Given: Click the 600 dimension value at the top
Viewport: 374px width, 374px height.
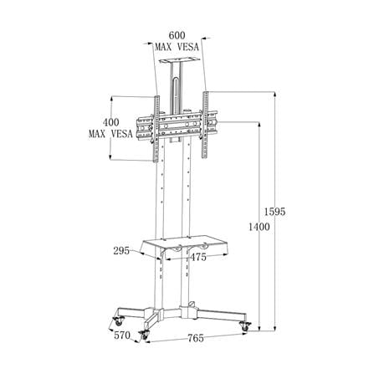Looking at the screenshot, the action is [177, 35].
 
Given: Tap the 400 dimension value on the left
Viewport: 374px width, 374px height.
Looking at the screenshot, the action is [111, 122].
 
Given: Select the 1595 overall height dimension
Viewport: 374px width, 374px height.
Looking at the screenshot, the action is [275, 212].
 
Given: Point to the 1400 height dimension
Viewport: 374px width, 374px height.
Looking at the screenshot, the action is [259, 227].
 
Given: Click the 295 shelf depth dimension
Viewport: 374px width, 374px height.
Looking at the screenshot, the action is [121, 251].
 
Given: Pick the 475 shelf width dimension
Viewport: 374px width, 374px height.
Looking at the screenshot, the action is [198, 257].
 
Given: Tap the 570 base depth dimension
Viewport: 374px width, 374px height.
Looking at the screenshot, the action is [122, 335].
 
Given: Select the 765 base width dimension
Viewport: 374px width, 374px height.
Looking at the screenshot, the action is [196, 338].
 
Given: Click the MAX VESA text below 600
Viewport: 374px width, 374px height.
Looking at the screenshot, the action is [177, 47].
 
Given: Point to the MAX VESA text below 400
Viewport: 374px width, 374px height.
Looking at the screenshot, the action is [110, 134].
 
